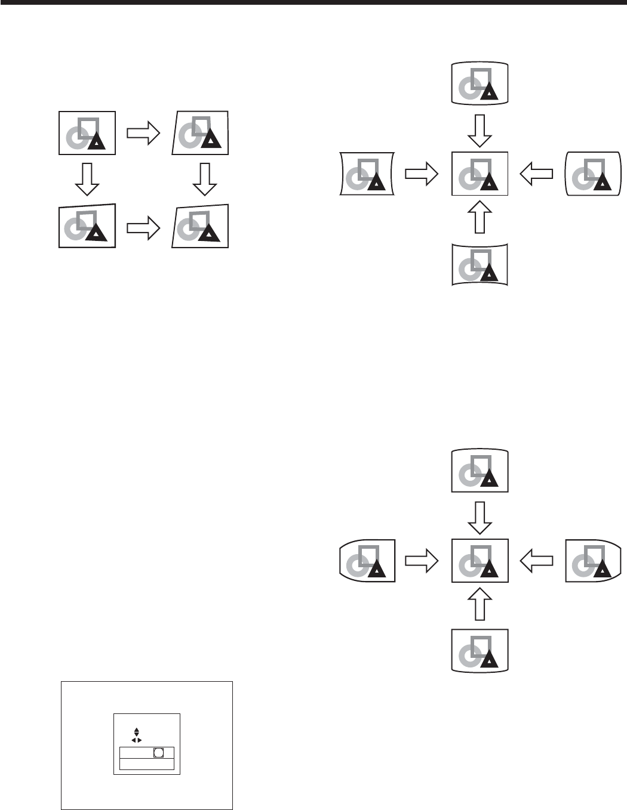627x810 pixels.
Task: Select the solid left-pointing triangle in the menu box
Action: click(x=133, y=740)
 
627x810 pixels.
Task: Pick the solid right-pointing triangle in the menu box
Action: click(x=140, y=740)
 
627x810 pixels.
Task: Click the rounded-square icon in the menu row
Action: click(x=158, y=753)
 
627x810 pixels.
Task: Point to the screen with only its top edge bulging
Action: click(x=480, y=470)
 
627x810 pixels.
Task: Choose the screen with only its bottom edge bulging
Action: click(x=480, y=650)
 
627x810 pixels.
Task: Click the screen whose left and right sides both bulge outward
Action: click(x=593, y=174)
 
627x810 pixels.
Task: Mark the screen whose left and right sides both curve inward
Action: click(x=367, y=174)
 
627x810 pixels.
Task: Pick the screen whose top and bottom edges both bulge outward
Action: click(x=480, y=83)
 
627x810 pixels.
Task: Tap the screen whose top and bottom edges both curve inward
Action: click(x=480, y=264)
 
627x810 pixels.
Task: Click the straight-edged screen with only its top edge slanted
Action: click(x=87, y=225)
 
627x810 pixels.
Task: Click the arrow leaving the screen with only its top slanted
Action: click(x=144, y=227)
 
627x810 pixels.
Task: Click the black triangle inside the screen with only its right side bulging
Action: click(x=602, y=570)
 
